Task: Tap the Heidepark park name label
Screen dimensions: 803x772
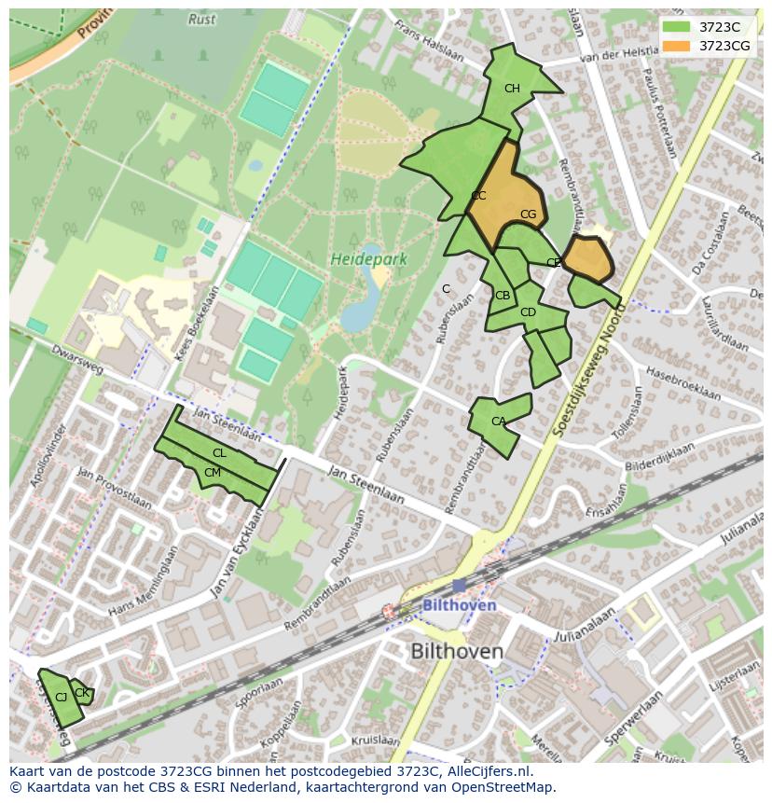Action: [x=368, y=259]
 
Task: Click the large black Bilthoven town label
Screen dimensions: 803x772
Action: [x=457, y=651]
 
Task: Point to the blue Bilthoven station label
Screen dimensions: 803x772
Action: [x=459, y=605]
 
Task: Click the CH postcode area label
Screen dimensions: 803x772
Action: [x=512, y=89]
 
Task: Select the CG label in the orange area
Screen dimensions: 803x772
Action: [x=528, y=215]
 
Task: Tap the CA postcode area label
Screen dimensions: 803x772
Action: [x=498, y=422]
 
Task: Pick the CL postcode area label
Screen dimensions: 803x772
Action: [x=219, y=453]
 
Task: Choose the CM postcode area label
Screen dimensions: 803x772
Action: [x=213, y=473]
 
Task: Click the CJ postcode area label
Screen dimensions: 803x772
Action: [x=61, y=698]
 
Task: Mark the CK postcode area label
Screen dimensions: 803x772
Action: [x=81, y=692]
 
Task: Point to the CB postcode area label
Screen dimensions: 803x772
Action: [x=503, y=296]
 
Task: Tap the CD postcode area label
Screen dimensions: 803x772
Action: [x=528, y=312]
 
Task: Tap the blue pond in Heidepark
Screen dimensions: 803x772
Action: [x=362, y=308]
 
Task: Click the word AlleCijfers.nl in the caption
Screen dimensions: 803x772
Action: [x=484, y=771]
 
